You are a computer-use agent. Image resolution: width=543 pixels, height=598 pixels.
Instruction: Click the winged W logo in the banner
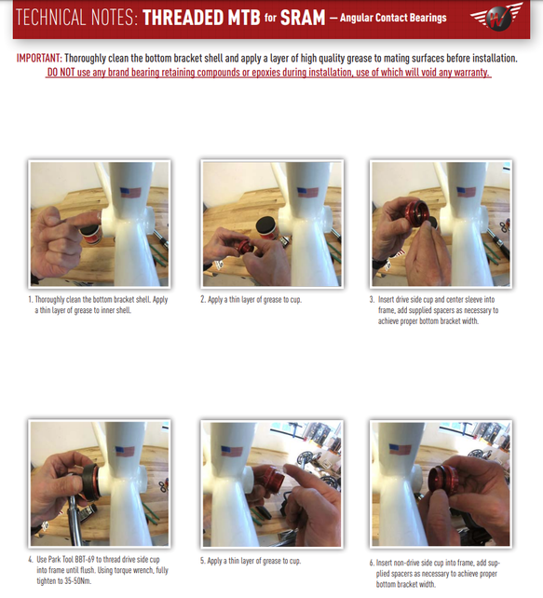coord(496,16)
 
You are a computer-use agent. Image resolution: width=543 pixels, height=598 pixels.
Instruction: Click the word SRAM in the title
coord(303,18)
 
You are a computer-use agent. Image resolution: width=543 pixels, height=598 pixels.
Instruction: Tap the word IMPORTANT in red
coord(39,59)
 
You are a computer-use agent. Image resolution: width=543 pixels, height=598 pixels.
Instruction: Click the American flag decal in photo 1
coord(130,192)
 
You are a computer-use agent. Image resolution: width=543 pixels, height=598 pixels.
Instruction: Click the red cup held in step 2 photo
coord(245,247)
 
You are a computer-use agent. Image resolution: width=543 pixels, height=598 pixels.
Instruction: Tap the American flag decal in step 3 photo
coord(466,192)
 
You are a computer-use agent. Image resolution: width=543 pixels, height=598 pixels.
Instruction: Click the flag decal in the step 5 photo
coord(232,451)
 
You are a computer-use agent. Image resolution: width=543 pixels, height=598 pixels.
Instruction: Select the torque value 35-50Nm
coord(78,581)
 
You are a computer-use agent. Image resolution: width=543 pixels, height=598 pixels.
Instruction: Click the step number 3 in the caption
coord(372,299)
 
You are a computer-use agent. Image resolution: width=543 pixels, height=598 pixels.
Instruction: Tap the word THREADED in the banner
coord(201,18)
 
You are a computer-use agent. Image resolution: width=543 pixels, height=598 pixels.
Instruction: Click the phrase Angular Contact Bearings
coord(393,18)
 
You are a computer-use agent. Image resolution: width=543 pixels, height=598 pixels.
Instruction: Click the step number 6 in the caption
coord(372,563)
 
